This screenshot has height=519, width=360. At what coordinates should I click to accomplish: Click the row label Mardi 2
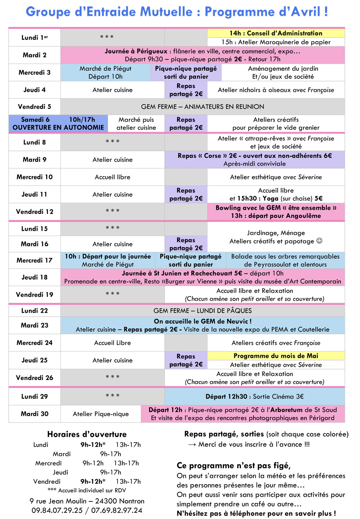pos(35,55)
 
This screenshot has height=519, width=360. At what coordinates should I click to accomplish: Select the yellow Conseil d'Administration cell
pos(276,33)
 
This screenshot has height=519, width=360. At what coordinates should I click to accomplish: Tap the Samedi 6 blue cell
pos(58,124)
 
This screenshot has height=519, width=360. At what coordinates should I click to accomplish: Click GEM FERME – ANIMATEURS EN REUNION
pos(202,107)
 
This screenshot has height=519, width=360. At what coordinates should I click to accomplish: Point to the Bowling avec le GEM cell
pos(276,212)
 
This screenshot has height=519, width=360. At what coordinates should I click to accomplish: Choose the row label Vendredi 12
pos(35,212)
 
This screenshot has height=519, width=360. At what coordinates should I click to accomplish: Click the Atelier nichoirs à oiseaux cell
pos(276,90)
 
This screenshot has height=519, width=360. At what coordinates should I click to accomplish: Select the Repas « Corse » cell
pos(255,160)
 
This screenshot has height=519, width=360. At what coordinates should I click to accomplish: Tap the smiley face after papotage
pos(319,241)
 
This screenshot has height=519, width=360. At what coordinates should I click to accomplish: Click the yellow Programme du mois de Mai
pos(276,356)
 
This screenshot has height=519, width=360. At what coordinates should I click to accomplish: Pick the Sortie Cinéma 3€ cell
pos(255,397)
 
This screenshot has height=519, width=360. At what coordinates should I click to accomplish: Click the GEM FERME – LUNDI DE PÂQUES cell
pos(202,310)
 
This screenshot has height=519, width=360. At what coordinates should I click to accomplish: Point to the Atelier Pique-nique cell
pos(101,414)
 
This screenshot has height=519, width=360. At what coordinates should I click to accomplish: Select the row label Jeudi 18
pos(35,277)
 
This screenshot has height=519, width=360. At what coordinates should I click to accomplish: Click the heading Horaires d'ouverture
pos(87,434)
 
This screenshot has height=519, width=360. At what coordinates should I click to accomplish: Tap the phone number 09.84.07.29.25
pos(57,510)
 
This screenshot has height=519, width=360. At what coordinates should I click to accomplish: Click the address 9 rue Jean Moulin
pos(58,501)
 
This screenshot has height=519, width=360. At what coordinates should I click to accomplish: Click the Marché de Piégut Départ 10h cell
pos(105,72)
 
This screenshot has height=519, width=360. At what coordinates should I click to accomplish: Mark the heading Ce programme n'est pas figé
pos(234,465)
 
